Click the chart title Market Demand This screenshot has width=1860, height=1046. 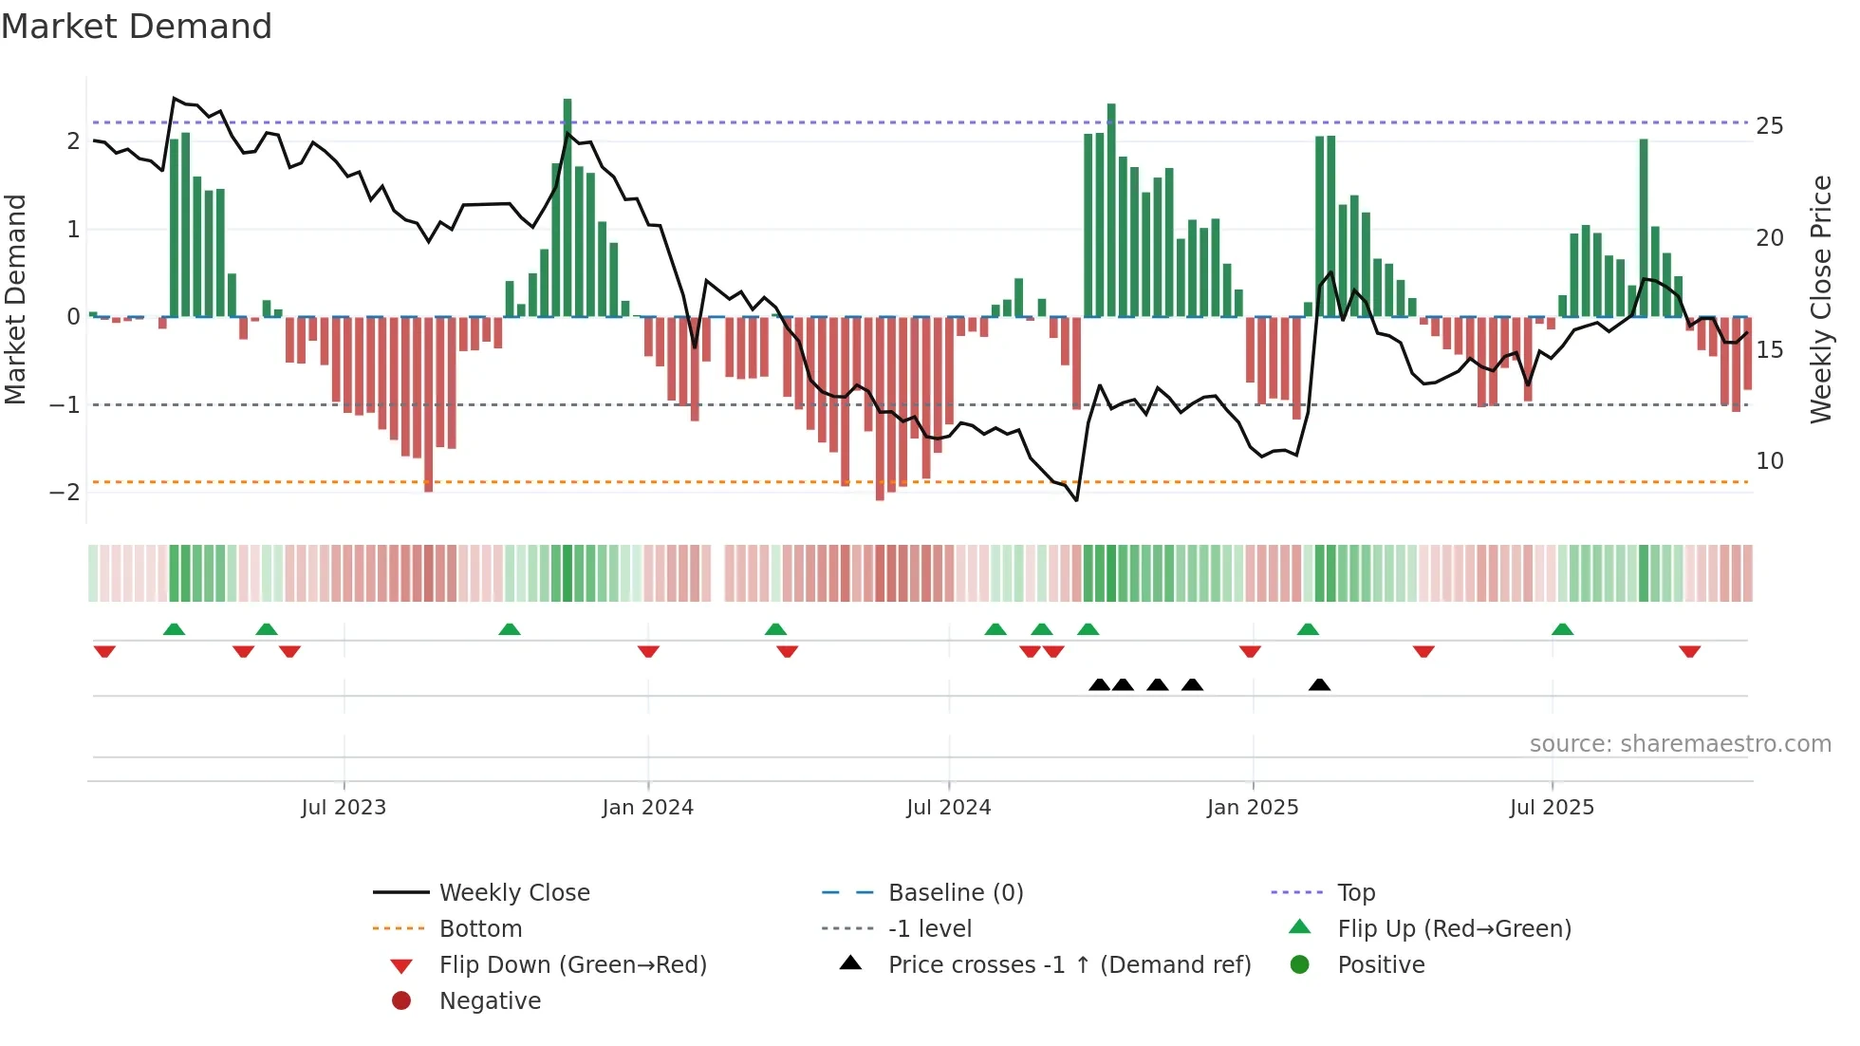pos(137,27)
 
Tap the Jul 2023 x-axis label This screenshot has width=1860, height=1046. pos(344,808)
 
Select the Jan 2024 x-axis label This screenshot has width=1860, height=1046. pos(647,808)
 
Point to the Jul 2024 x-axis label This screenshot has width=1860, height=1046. pos(948,808)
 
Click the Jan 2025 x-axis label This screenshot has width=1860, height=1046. pos(1252,808)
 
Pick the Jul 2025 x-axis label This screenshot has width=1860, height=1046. pos(1552,808)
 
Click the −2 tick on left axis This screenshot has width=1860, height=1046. pos(65,493)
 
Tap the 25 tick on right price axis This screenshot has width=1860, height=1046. pos(1769,126)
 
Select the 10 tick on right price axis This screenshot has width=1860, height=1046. pos(1769,461)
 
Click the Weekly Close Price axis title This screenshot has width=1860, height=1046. pos(1820,299)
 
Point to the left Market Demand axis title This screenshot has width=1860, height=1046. pos(15,299)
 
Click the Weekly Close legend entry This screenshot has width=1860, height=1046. pos(513,893)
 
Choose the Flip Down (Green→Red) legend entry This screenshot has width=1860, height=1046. pos(572,965)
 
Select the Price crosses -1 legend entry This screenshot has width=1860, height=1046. pos(1069,965)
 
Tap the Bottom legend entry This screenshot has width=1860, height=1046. pos(480,929)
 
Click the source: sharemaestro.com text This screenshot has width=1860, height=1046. pos(1680,744)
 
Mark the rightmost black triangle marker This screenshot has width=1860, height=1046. pos(1319,684)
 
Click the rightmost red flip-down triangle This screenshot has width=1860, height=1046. pos(1689,651)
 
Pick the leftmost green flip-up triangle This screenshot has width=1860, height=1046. pos(174,629)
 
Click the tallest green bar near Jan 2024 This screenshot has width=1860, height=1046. pos(567,209)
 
